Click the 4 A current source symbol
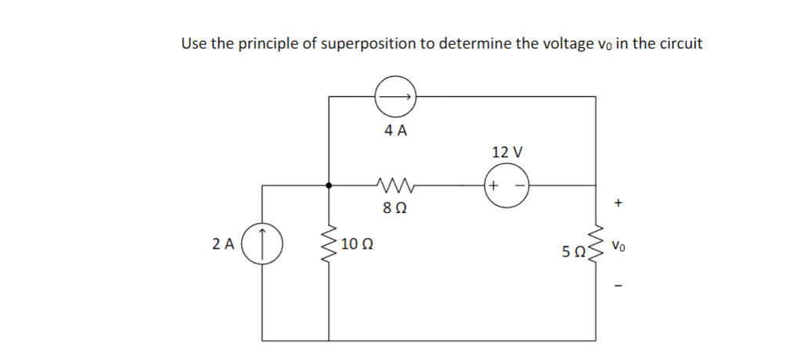(395, 97)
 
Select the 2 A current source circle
(264, 243)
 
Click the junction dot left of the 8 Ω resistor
(329, 186)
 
